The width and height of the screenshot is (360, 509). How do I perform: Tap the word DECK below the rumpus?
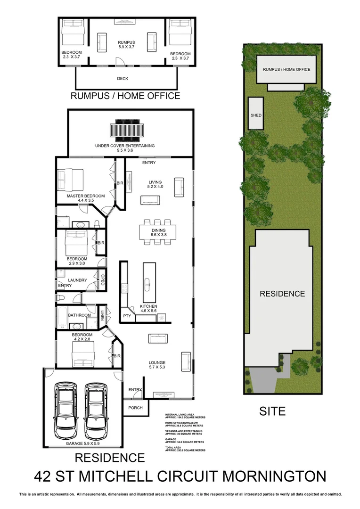pyautogui.click(x=123, y=79)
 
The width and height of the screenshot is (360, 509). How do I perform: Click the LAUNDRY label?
pyautogui.click(x=77, y=280)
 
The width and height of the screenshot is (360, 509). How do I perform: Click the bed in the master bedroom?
pyautogui.click(x=69, y=179)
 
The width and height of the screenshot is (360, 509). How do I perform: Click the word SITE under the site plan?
pyautogui.click(x=272, y=411)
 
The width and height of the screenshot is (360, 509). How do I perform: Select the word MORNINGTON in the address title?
pyautogui.click(x=274, y=476)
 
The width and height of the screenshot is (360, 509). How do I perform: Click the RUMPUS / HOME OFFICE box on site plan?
pyautogui.click(x=286, y=70)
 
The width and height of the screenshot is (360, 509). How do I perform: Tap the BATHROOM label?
pyautogui.click(x=79, y=315)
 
